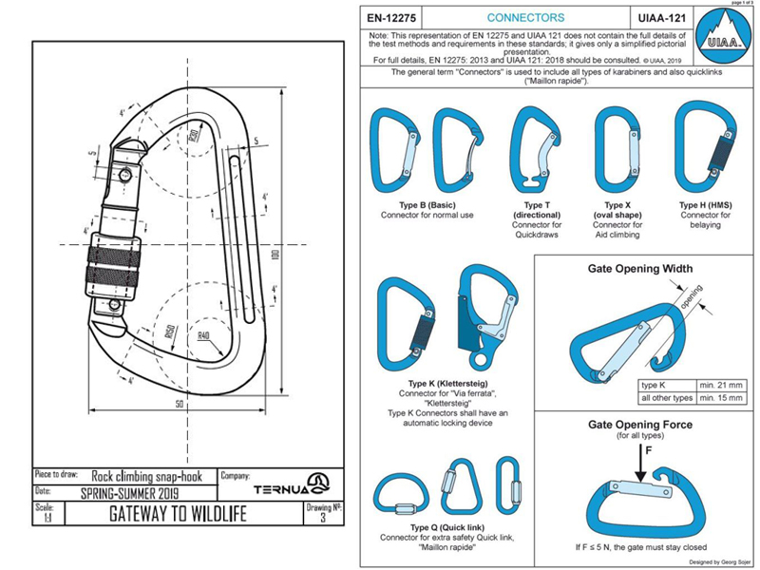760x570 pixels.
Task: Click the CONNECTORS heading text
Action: coord(524,18)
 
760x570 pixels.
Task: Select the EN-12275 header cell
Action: coord(393,18)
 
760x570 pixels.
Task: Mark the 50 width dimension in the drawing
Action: coord(178,403)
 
